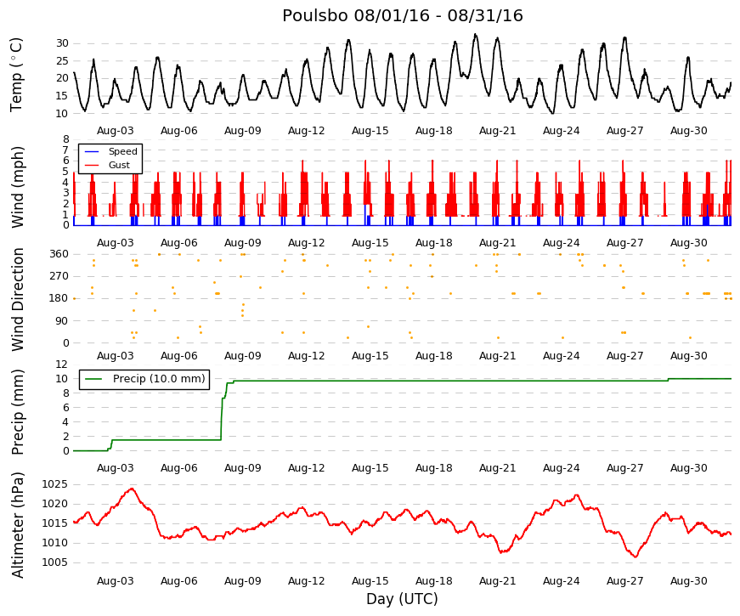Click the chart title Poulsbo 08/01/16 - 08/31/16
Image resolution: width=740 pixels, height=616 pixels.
click(403, 15)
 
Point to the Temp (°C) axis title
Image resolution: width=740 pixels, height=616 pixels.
click(16, 75)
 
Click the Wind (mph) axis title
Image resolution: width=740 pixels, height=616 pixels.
click(17, 188)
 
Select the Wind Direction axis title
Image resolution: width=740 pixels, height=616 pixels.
click(17, 300)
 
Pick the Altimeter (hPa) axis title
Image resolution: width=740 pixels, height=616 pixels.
click(17, 525)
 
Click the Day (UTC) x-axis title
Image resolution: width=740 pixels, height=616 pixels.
click(402, 599)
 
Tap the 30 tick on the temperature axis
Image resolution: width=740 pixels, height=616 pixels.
click(62, 43)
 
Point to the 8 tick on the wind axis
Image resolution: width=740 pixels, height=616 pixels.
click(66, 139)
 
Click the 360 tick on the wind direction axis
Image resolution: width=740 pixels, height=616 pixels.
click(59, 254)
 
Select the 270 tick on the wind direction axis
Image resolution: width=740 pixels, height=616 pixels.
click(59, 276)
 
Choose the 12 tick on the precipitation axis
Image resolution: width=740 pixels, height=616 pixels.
click(62, 365)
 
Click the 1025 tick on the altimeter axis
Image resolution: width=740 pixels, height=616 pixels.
click(54, 484)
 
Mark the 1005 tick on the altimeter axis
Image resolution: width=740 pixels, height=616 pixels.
click(54, 562)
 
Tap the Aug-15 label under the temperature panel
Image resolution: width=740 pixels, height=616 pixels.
click(370, 131)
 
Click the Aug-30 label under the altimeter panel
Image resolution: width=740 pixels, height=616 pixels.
click(688, 581)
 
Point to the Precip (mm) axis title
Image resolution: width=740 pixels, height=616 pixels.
click(17, 412)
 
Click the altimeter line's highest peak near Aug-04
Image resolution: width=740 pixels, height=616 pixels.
click(133, 489)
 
